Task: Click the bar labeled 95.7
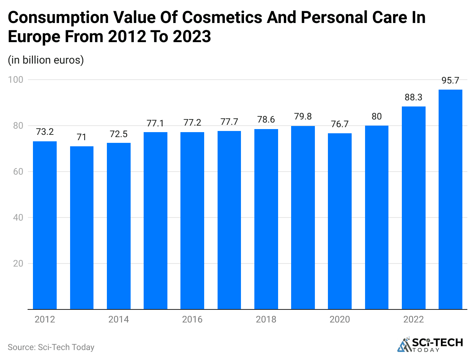click(x=450, y=199)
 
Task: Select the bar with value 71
click(x=82, y=227)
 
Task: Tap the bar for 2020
click(x=340, y=221)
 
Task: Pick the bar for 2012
click(x=45, y=225)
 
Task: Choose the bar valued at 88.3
click(x=413, y=208)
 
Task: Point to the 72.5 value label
click(x=118, y=134)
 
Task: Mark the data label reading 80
click(x=377, y=116)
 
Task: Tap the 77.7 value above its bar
click(x=229, y=122)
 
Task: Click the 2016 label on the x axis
click(x=192, y=319)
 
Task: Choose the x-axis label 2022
click(x=413, y=319)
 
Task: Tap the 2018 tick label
click(x=266, y=319)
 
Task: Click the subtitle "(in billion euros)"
click(x=46, y=60)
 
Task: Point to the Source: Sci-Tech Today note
click(x=51, y=347)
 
